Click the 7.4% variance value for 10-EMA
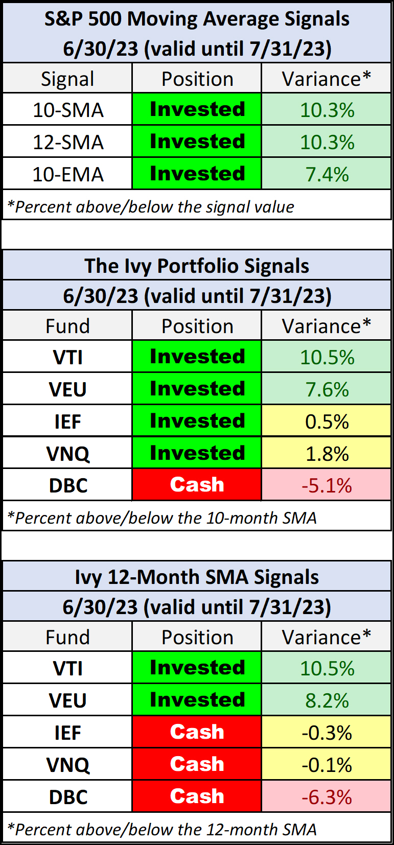[327, 174]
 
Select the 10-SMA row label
[68, 110]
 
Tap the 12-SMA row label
[68, 142]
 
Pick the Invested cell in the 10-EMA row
[197, 174]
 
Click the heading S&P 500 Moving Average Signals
[197, 19]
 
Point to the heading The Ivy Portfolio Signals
[197, 266]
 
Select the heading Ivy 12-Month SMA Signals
[197, 577]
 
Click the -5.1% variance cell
[327, 485]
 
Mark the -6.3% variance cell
[327, 796]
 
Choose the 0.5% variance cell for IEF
[327, 421]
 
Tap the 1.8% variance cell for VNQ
[327, 454]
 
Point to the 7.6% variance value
[327, 389]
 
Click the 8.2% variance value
[327, 700]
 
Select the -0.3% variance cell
[327, 733]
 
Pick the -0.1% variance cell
[327, 765]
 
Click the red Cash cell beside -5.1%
[197, 485]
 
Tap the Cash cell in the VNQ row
[197, 764]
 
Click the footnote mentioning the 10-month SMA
[162, 518]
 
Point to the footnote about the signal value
[151, 206]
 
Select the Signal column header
[67, 79]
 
